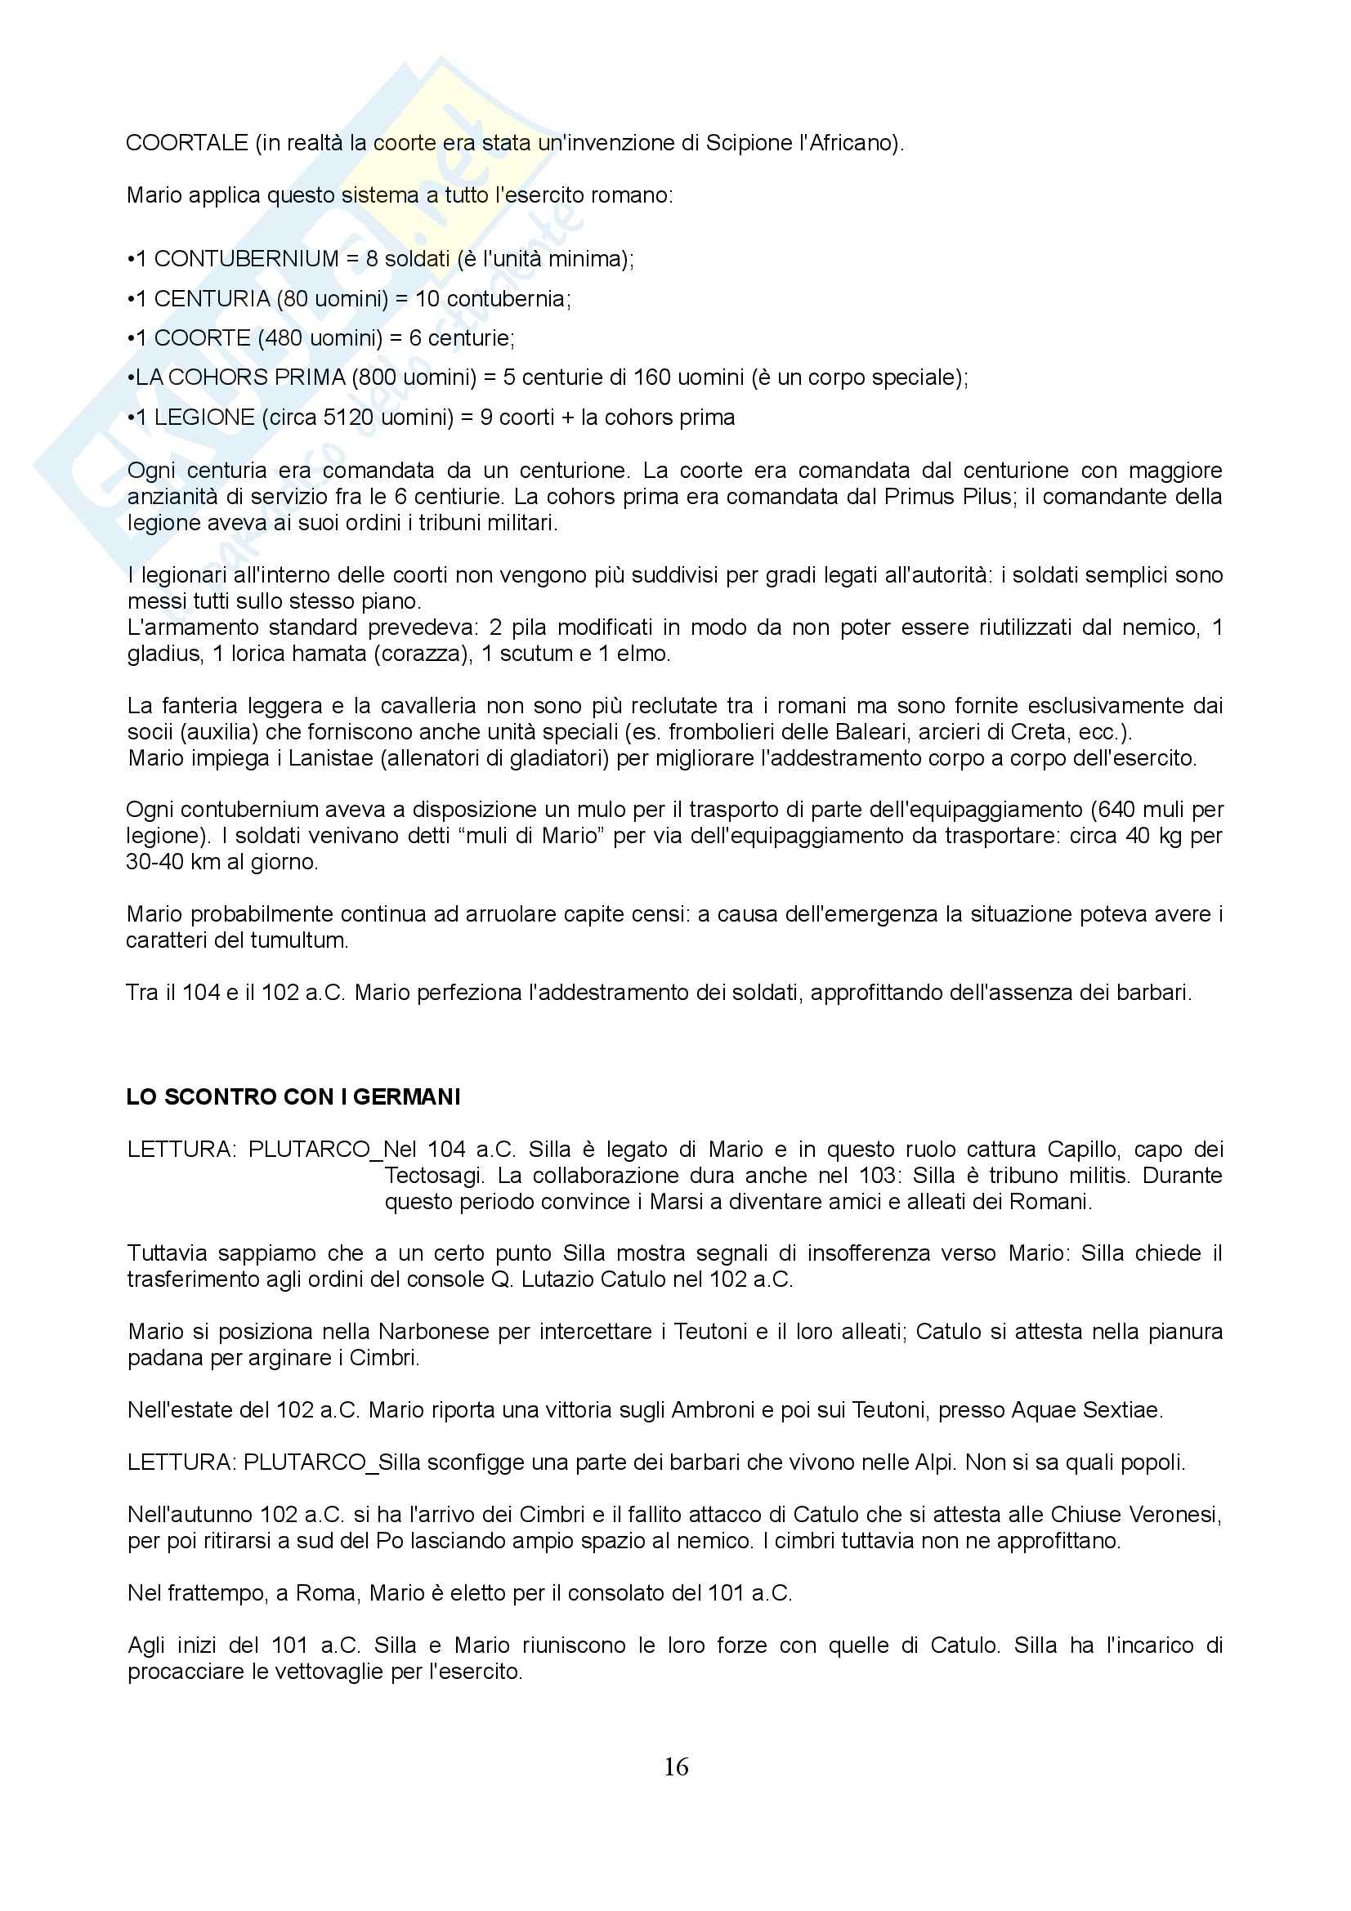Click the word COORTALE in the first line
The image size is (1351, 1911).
186,143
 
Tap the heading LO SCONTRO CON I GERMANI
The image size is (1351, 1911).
293,1097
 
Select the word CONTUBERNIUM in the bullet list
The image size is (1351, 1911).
246,259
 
